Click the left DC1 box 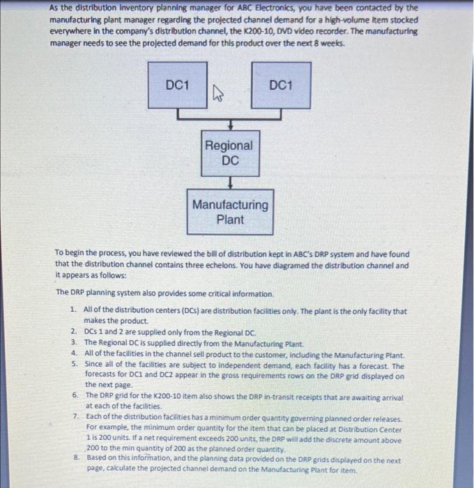tap(177, 85)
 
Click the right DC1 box tap(280, 85)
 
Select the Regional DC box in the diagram tap(229, 153)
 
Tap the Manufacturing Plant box tap(229, 212)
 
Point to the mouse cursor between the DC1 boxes tap(216, 93)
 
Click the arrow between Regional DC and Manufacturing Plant tap(229, 182)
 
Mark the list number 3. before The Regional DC tap(74, 342)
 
